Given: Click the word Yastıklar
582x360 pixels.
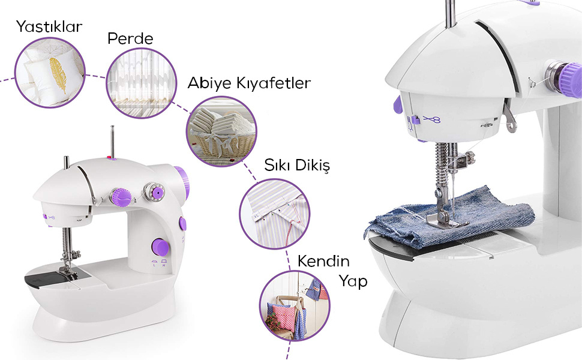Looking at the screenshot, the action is (x=49, y=27).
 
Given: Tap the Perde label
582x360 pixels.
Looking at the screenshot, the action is (x=130, y=38).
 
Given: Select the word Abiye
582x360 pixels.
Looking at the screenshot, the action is (x=209, y=83).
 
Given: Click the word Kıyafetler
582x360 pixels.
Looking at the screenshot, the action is (x=274, y=83).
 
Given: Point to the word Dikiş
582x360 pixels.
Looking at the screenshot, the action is (x=312, y=165).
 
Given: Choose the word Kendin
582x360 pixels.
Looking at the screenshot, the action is (x=323, y=261).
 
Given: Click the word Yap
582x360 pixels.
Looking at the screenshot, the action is (x=353, y=281).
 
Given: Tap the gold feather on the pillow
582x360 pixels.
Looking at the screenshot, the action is (x=58, y=74).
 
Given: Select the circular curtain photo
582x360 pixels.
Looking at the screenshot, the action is (x=142, y=83).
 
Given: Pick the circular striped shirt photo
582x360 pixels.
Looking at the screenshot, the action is (x=274, y=214).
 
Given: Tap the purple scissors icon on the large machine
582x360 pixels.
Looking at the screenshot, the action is (x=431, y=119).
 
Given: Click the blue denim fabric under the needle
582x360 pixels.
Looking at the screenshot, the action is (x=450, y=222).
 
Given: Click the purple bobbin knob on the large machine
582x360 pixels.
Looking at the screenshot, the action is (x=571, y=80).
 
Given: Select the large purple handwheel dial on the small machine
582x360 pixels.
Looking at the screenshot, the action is (x=160, y=247).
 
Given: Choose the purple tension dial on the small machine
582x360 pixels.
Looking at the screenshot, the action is (x=121, y=197).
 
